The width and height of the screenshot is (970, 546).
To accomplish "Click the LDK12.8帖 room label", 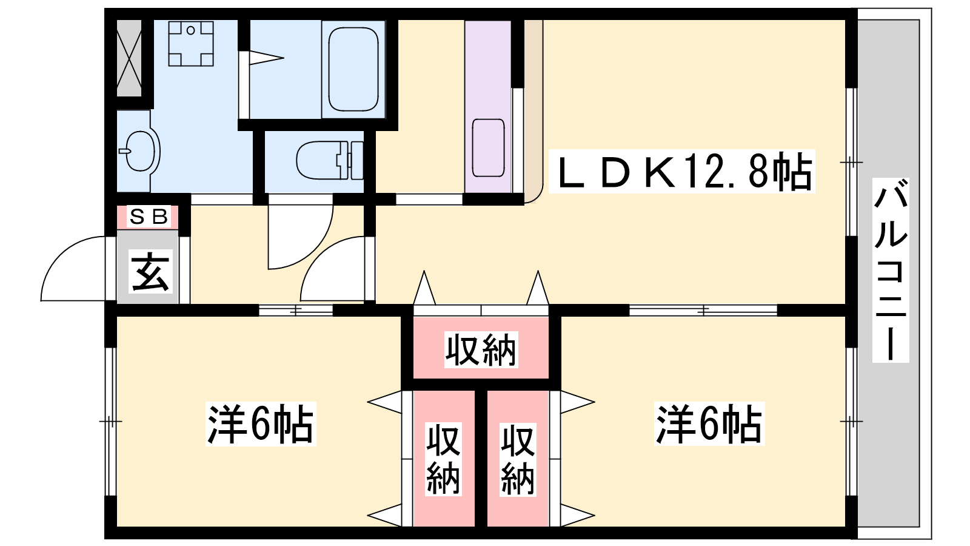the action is tap(682, 172).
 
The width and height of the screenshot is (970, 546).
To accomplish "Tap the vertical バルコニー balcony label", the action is tap(891, 270).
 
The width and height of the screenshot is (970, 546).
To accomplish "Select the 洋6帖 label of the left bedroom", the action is tap(261, 424).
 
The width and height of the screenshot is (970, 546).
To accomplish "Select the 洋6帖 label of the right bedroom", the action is tap(709, 424).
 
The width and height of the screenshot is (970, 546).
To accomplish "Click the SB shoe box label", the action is tap(148, 217).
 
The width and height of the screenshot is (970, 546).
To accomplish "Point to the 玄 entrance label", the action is tap(150, 272).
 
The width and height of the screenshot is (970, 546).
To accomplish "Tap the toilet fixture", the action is tap(330, 160).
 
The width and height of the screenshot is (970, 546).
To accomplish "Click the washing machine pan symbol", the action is tap(191, 43).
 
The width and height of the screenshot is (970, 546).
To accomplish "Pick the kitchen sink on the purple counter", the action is tap(489, 148).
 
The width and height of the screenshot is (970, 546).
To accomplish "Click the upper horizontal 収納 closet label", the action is tap(481, 349).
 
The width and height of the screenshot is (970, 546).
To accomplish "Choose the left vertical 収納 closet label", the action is tap(443, 459).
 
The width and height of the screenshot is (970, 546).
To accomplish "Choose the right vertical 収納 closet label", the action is tap(518, 459).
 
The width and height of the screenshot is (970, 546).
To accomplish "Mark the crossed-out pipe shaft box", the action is tap(129, 58).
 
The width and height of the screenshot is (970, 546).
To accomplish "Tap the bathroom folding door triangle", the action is tap(266, 58).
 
